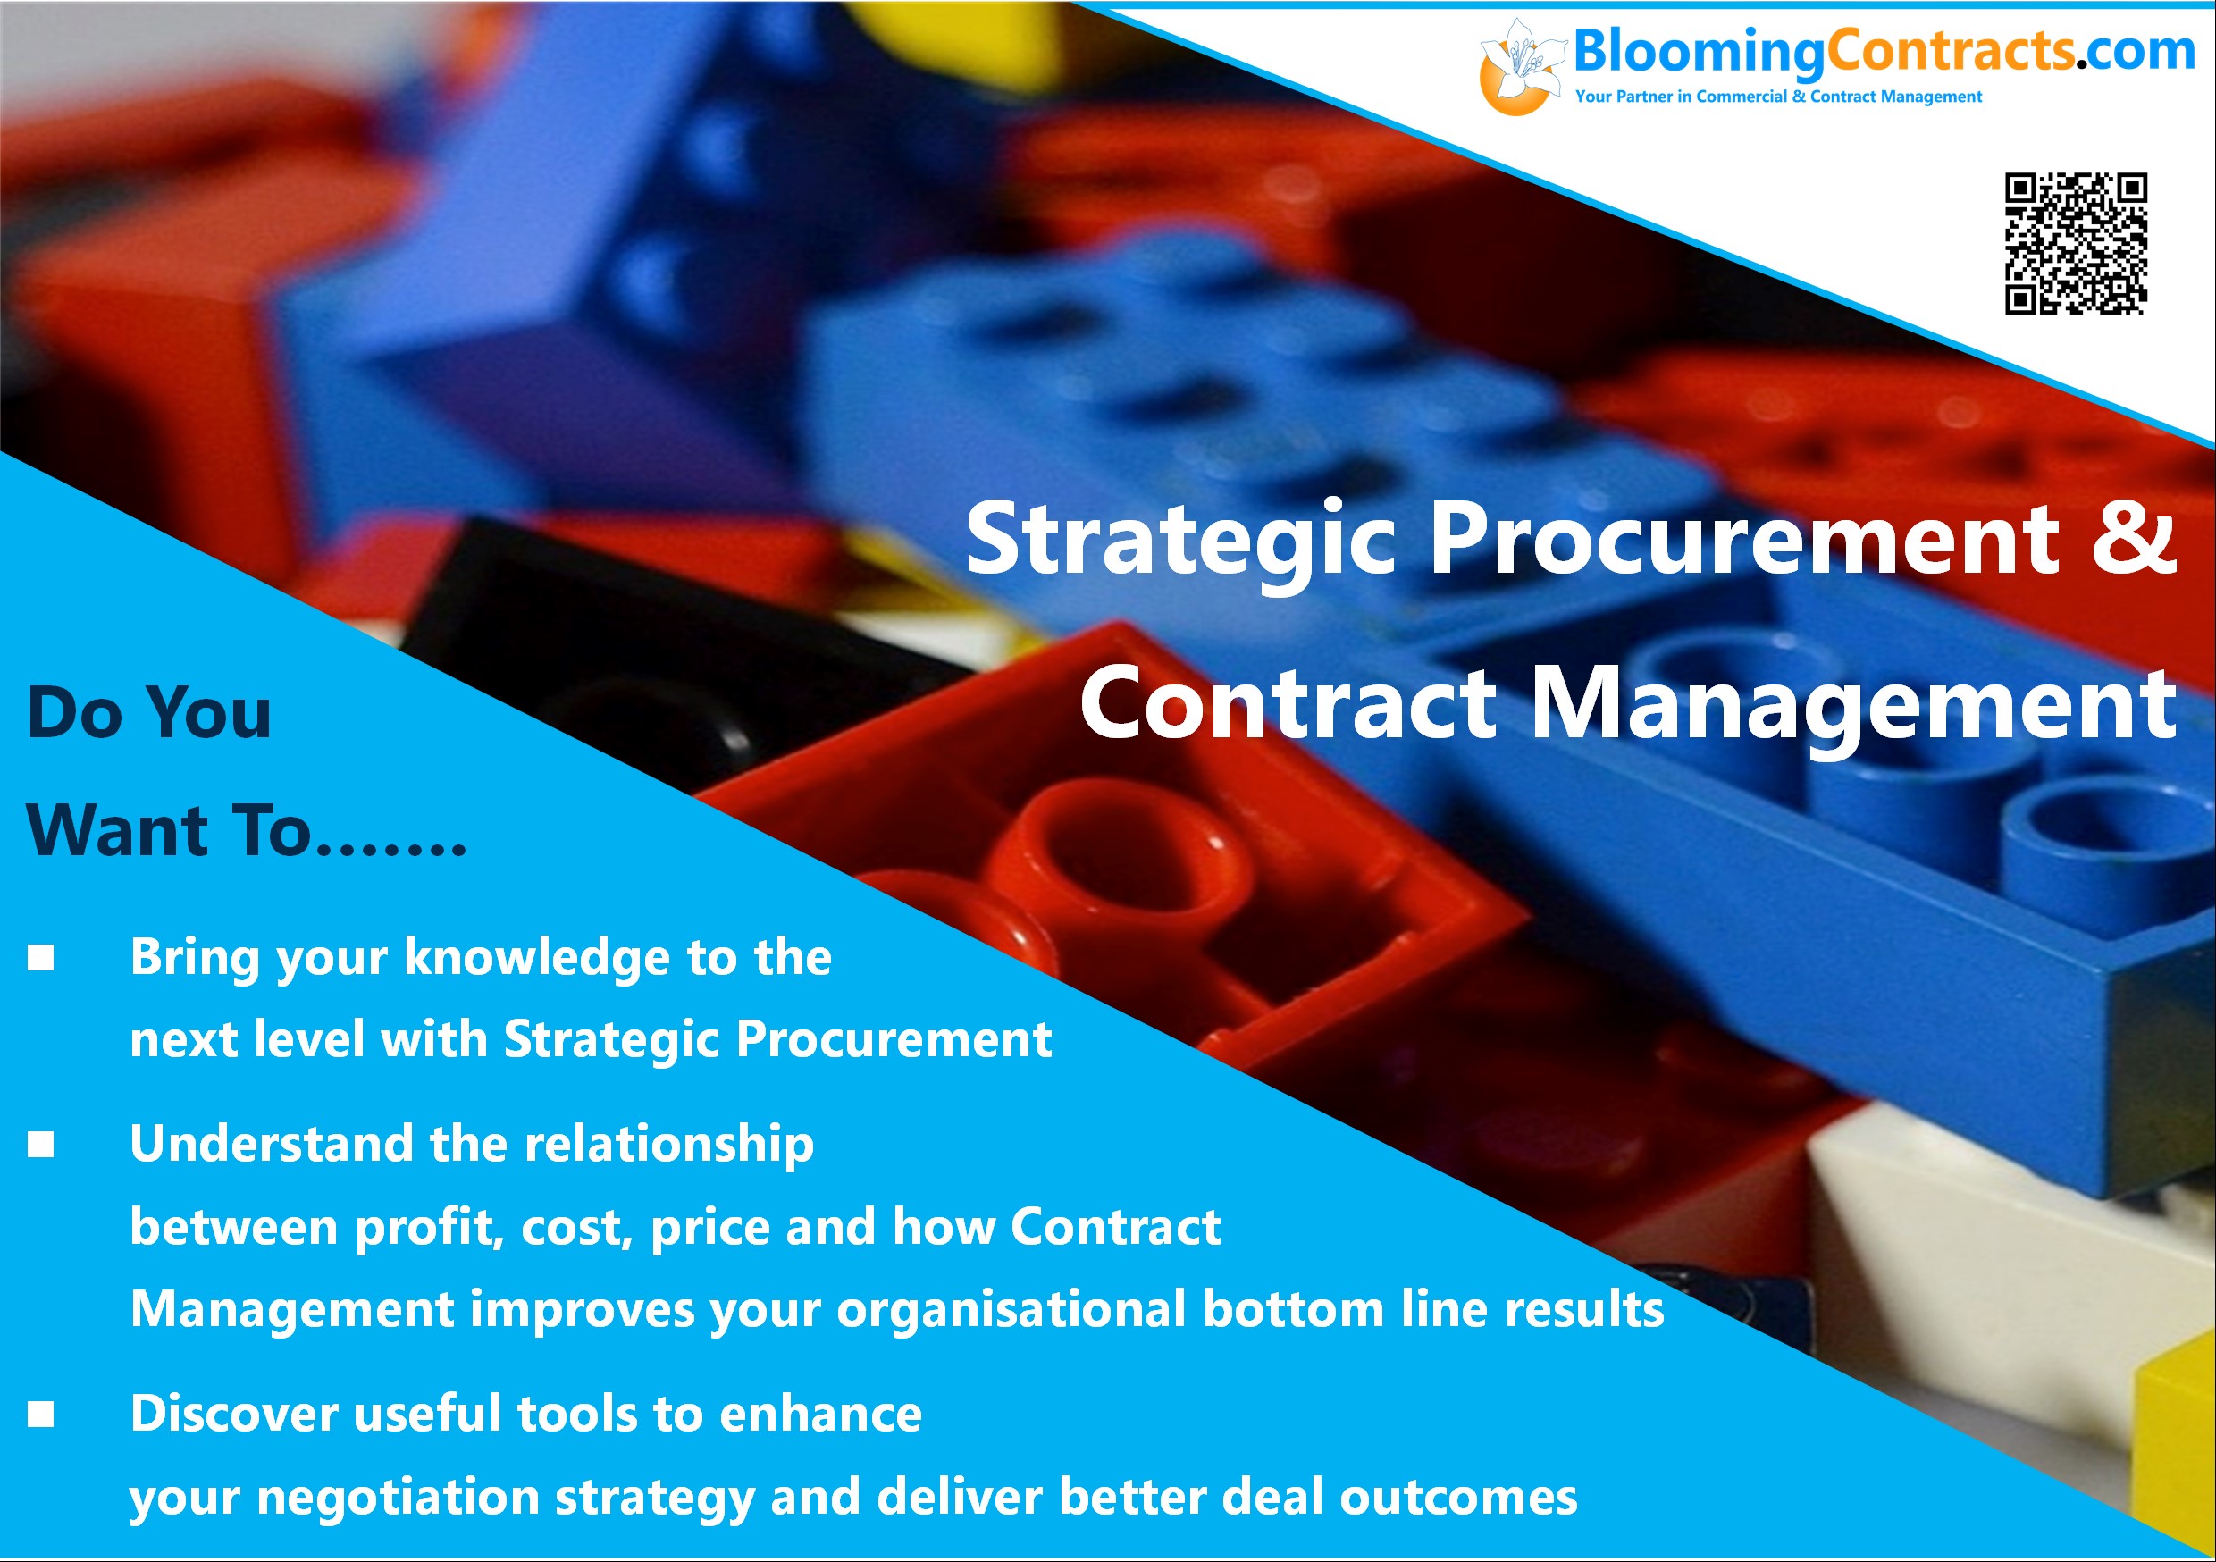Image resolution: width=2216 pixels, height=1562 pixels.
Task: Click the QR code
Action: click(x=2075, y=243)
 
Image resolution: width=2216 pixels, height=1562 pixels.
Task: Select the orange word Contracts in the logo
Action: click(x=1950, y=50)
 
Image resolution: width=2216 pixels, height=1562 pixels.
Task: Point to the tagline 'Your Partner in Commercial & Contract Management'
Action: click(x=1778, y=97)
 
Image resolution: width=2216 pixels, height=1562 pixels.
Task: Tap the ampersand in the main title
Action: click(x=2134, y=537)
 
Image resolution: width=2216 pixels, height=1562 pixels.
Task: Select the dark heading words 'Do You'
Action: click(x=149, y=712)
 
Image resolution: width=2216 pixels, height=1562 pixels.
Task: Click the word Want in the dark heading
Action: click(x=117, y=830)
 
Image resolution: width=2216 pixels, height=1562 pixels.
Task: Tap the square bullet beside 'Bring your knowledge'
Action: click(x=40, y=958)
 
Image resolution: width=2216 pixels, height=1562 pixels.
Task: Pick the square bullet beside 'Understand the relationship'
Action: click(x=40, y=1144)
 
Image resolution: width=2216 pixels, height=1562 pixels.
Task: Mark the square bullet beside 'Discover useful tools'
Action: click(x=40, y=1415)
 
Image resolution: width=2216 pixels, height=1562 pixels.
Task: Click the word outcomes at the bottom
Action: click(x=1458, y=1499)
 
